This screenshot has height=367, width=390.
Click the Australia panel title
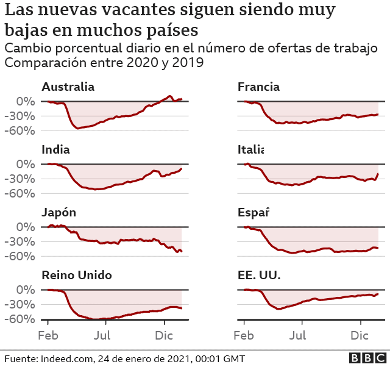point(68,87)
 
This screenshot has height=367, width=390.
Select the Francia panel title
point(258,87)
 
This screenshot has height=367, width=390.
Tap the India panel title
point(55,149)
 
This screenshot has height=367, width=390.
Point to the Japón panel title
point(58,213)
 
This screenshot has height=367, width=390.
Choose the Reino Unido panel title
point(77,276)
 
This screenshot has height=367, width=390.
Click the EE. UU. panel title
point(259,276)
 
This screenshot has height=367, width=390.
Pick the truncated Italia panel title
point(250,149)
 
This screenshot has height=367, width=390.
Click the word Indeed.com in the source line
point(73,358)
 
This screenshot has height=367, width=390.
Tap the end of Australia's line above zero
point(181,99)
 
